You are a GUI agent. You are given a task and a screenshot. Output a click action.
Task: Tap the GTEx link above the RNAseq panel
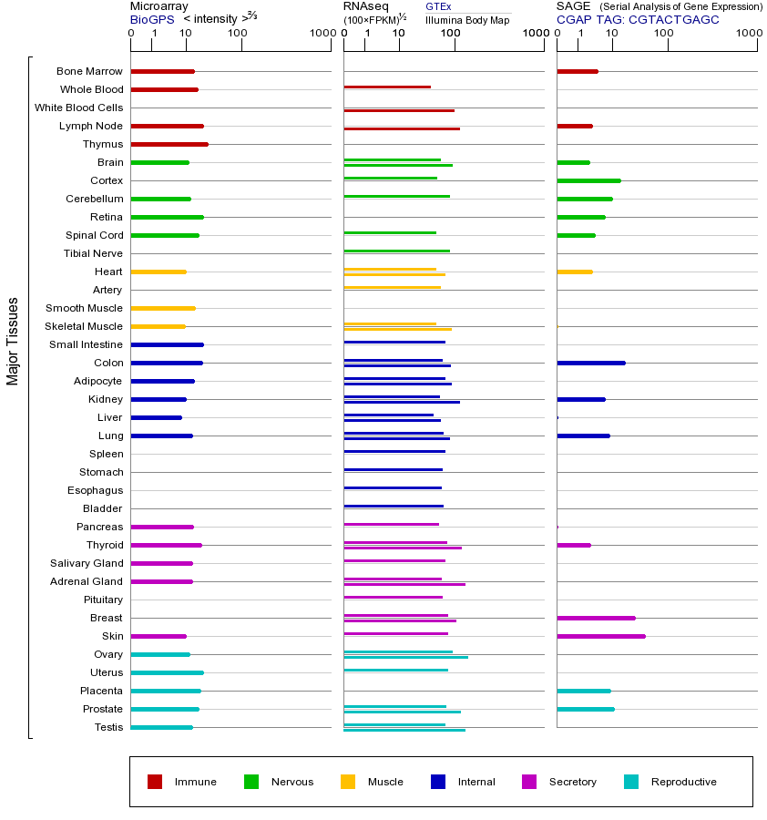pyautogui.click(x=438, y=6)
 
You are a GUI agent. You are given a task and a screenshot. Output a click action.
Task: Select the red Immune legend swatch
pyautogui.click(x=155, y=782)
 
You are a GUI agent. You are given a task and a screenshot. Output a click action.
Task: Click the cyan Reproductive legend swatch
pyautogui.click(x=631, y=782)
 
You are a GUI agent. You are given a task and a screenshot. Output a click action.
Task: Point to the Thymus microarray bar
pyautogui.click(x=169, y=144)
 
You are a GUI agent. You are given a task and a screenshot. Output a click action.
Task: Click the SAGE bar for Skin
pyautogui.click(x=601, y=636)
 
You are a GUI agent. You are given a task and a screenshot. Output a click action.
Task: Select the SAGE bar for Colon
pyautogui.click(x=591, y=363)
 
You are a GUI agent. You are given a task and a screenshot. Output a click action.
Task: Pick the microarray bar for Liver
pyautogui.click(x=157, y=417)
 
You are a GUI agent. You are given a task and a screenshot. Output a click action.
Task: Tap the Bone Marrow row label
pyautogui.click(x=89, y=71)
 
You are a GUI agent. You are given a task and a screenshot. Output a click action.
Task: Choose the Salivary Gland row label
pyautogui.click(x=87, y=563)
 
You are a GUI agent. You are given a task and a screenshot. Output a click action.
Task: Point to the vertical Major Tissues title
pyautogui.click(x=13, y=341)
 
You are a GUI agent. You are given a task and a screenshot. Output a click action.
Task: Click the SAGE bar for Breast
pyautogui.click(x=596, y=618)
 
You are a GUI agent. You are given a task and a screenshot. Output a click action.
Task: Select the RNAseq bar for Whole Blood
pyautogui.click(x=387, y=87)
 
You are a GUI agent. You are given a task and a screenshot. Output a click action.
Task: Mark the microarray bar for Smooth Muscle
pyautogui.click(x=163, y=308)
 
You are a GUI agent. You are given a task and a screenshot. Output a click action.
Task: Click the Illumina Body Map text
pyautogui.click(x=467, y=19)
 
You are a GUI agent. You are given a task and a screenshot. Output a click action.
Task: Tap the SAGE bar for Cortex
pyautogui.click(x=588, y=180)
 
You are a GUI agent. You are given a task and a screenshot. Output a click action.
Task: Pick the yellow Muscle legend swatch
pyautogui.click(x=348, y=782)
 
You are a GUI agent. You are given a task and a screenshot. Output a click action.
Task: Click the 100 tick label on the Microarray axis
pyautogui.click(x=238, y=34)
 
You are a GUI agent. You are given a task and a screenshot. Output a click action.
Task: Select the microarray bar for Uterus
pyautogui.click(x=168, y=672)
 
